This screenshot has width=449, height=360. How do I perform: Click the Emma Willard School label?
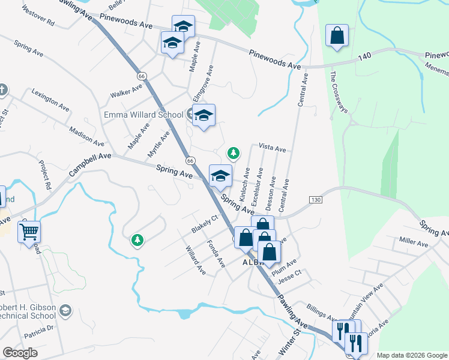(143, 115)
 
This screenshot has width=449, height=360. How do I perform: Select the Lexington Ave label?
(50, 100)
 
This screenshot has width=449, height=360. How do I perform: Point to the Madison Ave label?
(86, 136)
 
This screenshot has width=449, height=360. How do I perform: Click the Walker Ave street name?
(126, 91)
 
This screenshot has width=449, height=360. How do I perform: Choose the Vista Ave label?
(272, 147)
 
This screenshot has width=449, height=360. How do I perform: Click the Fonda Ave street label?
(215, 254)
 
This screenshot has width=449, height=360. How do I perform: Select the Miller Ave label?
(414, 244)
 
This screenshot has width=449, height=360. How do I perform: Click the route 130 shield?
(316, 199)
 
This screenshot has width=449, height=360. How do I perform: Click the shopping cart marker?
(29, 230)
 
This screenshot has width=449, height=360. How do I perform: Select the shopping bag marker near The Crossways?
(337, 35)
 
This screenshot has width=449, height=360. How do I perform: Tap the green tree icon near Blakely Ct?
(138, 240)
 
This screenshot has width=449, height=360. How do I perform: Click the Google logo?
(20, 353)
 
